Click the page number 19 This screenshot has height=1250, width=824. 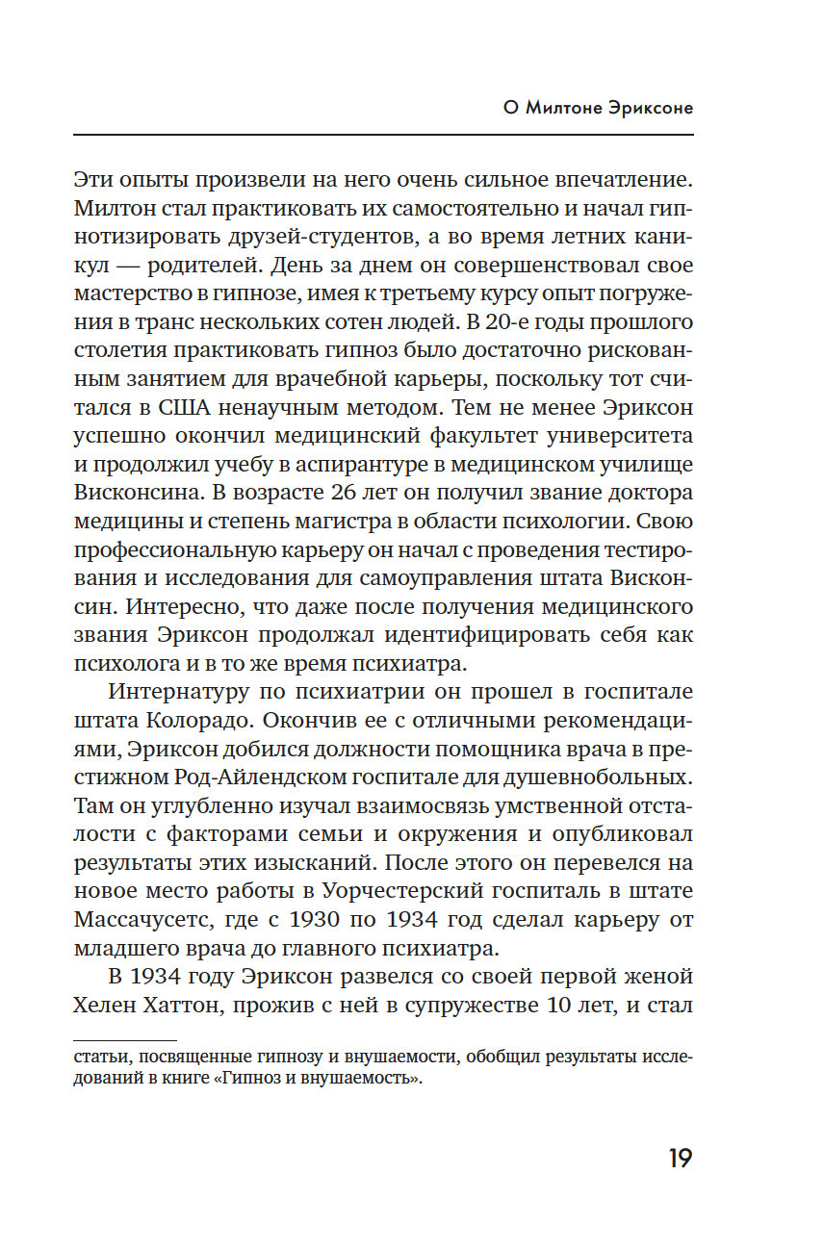(x=680, y=1159)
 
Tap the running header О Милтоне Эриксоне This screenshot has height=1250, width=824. (x=598, y=108)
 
